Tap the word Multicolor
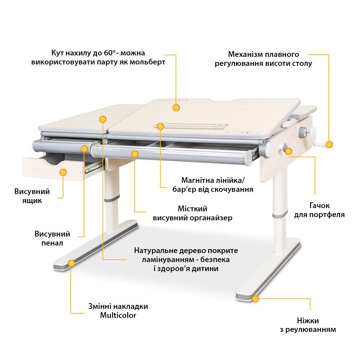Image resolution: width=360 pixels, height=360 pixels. [118, 315]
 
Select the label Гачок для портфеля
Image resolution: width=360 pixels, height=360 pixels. [319, 210]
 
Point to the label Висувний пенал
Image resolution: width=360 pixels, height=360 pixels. [52, 238]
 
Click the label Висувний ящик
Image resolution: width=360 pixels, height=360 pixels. [32, 196]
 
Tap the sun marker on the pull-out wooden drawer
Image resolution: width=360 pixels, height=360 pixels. [63, 172]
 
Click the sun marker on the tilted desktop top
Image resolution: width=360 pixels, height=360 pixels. [176, 107]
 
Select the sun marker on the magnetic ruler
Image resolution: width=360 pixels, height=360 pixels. [160, 126]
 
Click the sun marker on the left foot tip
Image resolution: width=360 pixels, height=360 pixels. [72, 263]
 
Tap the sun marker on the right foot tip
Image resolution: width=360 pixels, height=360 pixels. [255, 299]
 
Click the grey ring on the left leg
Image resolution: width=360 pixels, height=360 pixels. [112, 198]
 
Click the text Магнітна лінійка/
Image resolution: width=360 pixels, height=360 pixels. [213, 180]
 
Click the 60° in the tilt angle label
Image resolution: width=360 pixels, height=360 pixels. [109, 53]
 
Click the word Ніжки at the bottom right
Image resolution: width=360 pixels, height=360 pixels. [308, 320]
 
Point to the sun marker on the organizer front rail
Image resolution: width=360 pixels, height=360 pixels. [135, 154]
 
